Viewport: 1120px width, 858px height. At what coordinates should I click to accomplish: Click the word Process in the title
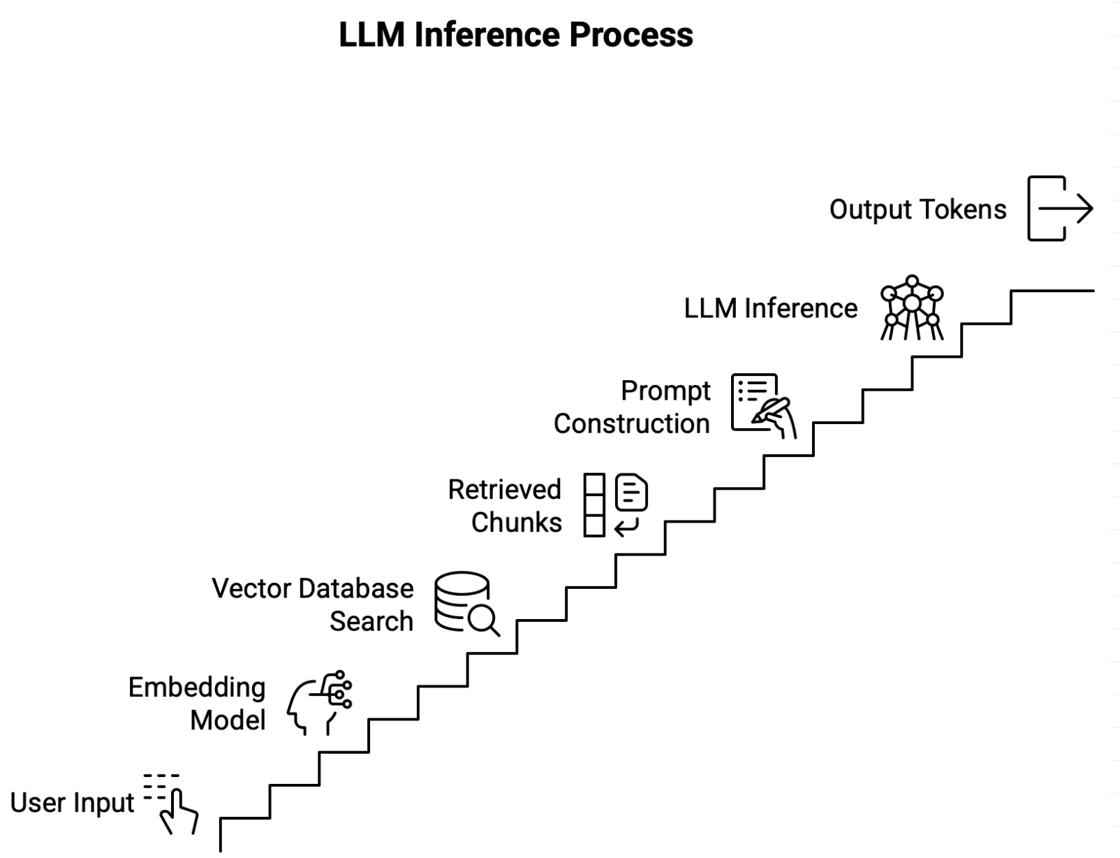(631, 35)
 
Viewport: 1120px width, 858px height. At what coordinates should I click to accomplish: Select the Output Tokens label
(918, 210)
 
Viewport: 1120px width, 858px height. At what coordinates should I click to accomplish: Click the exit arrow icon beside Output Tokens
(1059, 209)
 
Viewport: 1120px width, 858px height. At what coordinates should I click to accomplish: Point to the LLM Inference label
(770, 308)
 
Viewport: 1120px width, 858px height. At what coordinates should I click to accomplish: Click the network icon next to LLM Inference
(912, 308)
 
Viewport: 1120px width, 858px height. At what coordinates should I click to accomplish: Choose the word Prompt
(665, 391)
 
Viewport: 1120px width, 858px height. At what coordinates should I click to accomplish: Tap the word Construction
(631, 424)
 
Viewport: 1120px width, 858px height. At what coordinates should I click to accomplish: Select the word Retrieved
(504, 489)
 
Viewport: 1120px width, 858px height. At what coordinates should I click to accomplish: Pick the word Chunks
(516, 523)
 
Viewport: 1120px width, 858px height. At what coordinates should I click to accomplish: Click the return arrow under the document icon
(626, 527)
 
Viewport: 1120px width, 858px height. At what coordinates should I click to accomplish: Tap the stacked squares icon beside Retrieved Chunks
(594, 505)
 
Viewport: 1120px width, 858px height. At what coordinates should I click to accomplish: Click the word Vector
(251, 588)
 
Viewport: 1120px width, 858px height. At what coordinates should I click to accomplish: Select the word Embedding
(197, 688)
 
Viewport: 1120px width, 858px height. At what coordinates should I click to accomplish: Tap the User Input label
(72, 803)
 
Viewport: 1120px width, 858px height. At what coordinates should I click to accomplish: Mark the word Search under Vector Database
(371, 621)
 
